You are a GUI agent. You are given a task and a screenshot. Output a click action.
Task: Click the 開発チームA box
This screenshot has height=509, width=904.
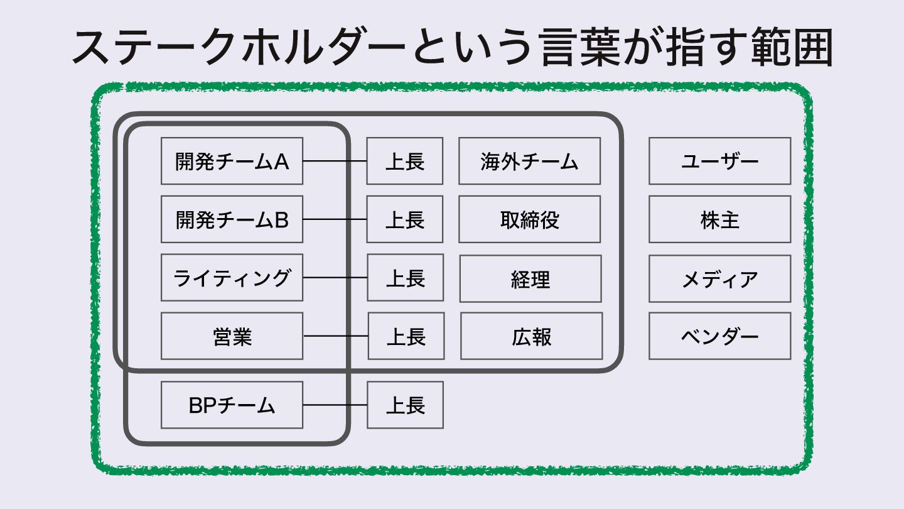tap(232, 161)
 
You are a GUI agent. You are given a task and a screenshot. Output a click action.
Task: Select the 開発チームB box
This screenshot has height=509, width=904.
tap(232, 219)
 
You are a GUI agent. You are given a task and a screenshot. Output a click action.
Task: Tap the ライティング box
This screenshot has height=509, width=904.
tap(232, 278)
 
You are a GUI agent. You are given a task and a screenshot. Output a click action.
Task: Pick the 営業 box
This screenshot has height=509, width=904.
tap(232, 336)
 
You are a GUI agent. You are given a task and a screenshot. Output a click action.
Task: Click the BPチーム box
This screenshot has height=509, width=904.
tap(232, 405)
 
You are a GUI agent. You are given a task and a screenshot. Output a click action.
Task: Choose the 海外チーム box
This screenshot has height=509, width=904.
tap(529, 161)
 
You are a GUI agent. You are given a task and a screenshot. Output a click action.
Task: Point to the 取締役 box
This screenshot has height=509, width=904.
tap(529, 219)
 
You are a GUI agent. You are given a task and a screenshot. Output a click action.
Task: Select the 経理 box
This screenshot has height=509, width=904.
tap(530, 278)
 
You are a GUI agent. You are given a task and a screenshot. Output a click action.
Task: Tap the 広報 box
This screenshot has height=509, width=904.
tap(531, 336)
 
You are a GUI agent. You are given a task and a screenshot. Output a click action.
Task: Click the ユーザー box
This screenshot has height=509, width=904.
tap(719, 161)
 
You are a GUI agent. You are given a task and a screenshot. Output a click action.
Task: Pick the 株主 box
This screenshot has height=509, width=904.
tap(719, 219)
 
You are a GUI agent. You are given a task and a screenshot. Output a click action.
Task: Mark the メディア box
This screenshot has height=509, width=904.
tap(719, 278)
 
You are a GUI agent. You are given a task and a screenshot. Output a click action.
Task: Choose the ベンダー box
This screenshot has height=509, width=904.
tap(719, 336)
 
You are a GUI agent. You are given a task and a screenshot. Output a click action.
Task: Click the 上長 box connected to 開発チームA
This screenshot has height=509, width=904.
tap(405, 161)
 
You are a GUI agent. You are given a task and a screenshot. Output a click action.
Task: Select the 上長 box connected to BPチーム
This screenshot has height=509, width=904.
tap(405, 405)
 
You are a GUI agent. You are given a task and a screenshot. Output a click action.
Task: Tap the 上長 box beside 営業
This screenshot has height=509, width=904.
tap(406, 336)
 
